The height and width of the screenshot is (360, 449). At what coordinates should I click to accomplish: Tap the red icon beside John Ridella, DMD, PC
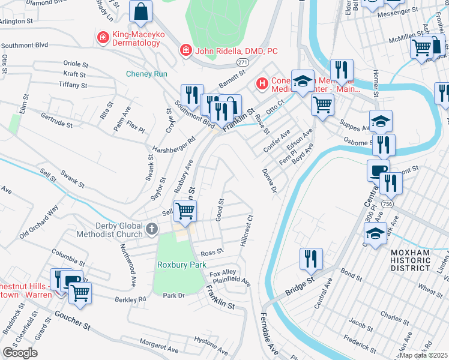pos(186,50)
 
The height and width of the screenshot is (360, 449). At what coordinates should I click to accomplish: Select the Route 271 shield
pos(242,62)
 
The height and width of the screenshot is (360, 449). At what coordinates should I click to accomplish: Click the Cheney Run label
pos(146,74)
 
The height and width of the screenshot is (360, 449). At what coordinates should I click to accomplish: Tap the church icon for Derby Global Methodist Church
pos(152,229)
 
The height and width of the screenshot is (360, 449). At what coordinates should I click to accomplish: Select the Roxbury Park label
pos(182,265)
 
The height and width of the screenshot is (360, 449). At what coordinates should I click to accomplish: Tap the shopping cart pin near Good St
pos(185,211)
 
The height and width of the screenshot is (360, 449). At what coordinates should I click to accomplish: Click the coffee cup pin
pos(378,170)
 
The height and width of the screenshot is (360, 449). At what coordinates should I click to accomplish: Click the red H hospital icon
pos(262,83)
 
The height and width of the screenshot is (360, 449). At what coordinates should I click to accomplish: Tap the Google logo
pos(20,353)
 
